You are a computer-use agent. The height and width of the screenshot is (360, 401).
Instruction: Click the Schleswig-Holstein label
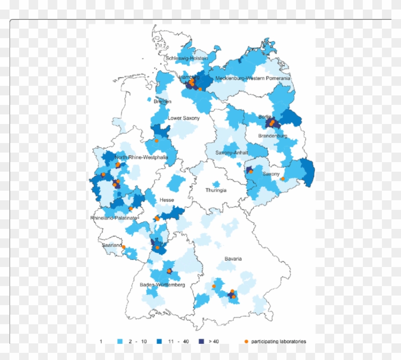[x=187, y=58]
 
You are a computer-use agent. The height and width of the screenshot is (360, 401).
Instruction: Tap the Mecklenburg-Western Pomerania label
[x=253, y=78]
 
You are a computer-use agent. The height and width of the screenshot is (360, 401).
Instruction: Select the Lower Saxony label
[x=184, y=118]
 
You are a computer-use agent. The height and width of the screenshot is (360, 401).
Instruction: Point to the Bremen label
[x=162, y=101]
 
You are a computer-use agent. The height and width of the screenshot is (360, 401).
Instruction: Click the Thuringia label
[x=216, y=190]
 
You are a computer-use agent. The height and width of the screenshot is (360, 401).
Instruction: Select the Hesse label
[x=167, y=200]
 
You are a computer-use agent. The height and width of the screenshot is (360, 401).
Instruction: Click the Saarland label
[x=112, y=245]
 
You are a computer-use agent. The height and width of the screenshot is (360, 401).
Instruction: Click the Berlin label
[x=265, y=117]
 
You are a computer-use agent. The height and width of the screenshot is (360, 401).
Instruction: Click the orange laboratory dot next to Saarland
[x=123, y=247]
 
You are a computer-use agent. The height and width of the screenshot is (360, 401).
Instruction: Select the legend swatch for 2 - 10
[x=121, y=341]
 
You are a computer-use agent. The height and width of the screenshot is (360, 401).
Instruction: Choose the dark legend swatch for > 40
[x=201, y=341]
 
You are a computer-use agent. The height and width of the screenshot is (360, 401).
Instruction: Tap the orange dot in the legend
[x=246, y=341]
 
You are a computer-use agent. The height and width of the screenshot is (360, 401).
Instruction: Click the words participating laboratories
[x=279, y=341]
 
